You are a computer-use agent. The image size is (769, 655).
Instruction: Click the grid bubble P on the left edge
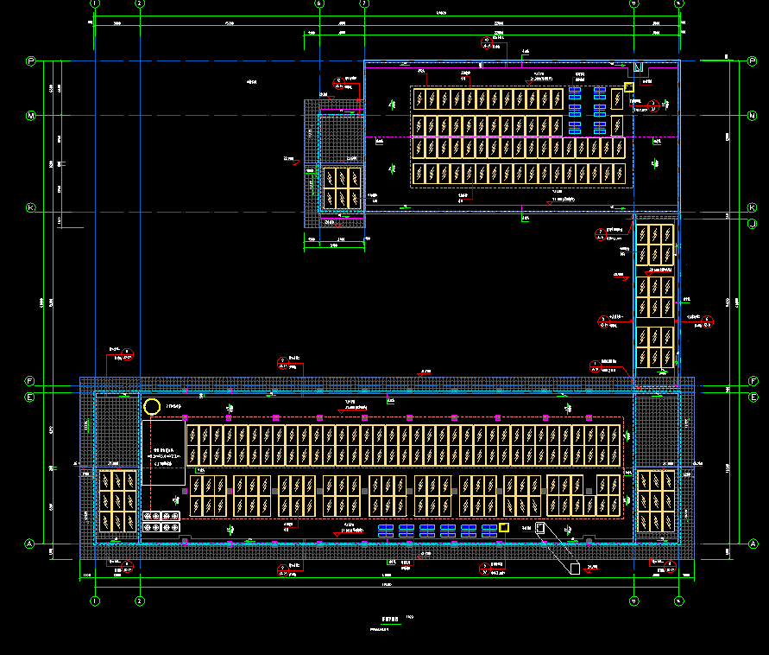(x=30, y=61)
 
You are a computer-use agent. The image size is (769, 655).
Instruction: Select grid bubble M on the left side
(x=30, y=116)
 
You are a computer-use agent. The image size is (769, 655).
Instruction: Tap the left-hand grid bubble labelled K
(x=30, y=208)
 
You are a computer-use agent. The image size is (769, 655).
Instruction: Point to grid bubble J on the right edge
(x=753, y=223)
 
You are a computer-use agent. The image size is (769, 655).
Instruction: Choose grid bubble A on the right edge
(x=753, y=544)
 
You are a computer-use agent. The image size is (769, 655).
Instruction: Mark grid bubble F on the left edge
(x=30, y=381)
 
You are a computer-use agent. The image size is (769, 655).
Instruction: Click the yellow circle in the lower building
(x=152, y=406)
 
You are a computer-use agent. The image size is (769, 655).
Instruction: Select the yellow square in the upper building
(x=629, y=86)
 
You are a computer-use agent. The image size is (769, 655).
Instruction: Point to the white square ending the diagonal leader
(x=575, y=568)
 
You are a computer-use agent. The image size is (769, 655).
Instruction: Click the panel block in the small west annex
(x=341, y=187)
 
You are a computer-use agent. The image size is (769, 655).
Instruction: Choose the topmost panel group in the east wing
(x=655, y=244)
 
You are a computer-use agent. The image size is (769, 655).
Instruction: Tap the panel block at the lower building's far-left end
(x=116, y=500)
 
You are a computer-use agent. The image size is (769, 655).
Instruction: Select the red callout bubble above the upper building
(x=486, y=41)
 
